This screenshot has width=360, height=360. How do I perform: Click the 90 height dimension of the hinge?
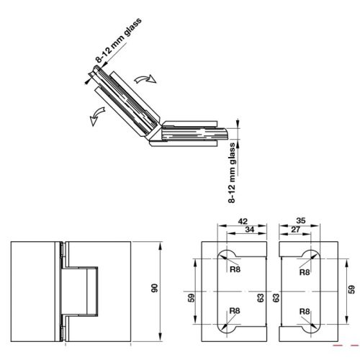(154, 289)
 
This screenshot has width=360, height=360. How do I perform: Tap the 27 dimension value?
(297, 230)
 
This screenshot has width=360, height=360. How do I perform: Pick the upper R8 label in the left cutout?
(234, 272)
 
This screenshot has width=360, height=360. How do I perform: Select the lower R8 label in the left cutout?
(234, 311)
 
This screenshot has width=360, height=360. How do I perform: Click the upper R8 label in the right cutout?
(304, 272)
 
